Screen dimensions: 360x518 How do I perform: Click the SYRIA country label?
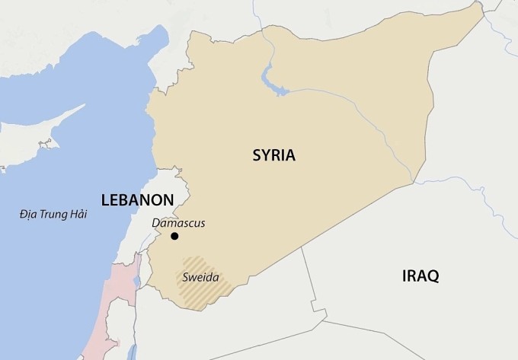(x=273, y=155)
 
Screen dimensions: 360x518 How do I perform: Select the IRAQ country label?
(x=420, y=276)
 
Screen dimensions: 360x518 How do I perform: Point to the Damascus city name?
(x=178, y=223)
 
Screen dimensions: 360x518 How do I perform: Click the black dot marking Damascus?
(x=174, y=237)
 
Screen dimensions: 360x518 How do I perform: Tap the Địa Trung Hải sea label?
(x=53, y=215)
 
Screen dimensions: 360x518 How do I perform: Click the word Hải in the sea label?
(x=77, y=215)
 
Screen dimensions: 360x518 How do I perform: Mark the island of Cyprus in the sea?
(x=46, y=141)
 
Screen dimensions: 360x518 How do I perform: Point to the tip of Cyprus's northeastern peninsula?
(x=84, y=107)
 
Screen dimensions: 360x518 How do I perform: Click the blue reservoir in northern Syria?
(x=268, y=77)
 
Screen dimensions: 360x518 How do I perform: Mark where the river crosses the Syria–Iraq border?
(x=412, y=183)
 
